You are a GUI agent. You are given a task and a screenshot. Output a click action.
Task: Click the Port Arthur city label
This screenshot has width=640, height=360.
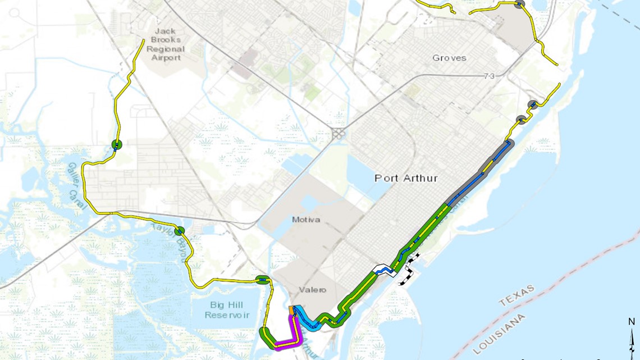[x=406, y=178]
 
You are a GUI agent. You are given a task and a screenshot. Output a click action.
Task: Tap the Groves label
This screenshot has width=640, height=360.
[x=449, y=58]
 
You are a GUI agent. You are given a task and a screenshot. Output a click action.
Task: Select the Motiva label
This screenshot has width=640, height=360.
[x=306, y=220]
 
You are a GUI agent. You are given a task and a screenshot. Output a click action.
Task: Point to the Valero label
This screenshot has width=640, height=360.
[x=312, y=290]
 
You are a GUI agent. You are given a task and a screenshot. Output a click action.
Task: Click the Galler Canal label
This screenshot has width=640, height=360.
[x=76, y=185]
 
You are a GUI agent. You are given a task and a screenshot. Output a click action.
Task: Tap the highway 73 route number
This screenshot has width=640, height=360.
[x=488, y=76]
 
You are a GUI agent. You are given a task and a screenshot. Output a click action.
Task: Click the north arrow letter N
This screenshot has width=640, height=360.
[x=632, y=322]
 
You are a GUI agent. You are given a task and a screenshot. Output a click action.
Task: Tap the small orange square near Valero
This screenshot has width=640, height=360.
[x=291, y=310]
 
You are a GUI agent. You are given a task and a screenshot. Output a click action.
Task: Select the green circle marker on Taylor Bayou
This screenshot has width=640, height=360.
[x=180, y=231]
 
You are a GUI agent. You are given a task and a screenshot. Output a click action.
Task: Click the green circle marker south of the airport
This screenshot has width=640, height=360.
[x=117, y=145]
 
